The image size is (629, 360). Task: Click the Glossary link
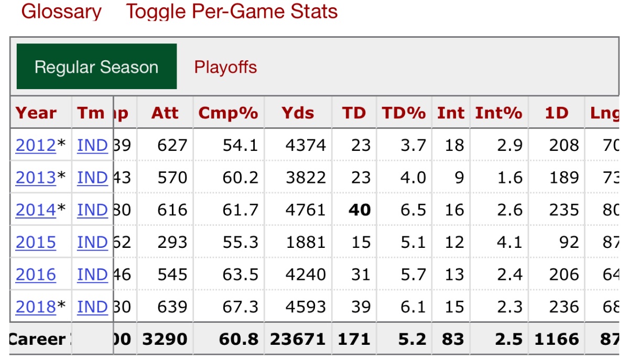click(61, 12)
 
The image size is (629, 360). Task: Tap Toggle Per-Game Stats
click(232, 12)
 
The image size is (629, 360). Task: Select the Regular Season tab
click(96, 67)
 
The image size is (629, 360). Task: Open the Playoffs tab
click(225, 67)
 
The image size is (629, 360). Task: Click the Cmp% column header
click(228, 113)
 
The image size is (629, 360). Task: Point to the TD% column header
click(404, 113)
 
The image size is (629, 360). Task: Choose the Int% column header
click(498, 113)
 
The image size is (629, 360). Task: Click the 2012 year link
click(36, 146)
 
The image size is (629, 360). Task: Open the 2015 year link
click(36, 243)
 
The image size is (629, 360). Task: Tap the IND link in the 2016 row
click(92, 275)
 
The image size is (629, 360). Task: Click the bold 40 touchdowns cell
click(360, 210)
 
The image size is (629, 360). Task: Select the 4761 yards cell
click(306, 210)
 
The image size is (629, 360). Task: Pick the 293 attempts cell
click(172, 243)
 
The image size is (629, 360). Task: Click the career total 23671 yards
click(298, 340)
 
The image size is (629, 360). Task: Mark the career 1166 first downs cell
click(557, 340)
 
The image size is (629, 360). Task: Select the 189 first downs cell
click(564, 178)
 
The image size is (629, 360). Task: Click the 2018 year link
click(36, 307)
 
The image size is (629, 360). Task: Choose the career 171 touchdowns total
click(354, 340)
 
